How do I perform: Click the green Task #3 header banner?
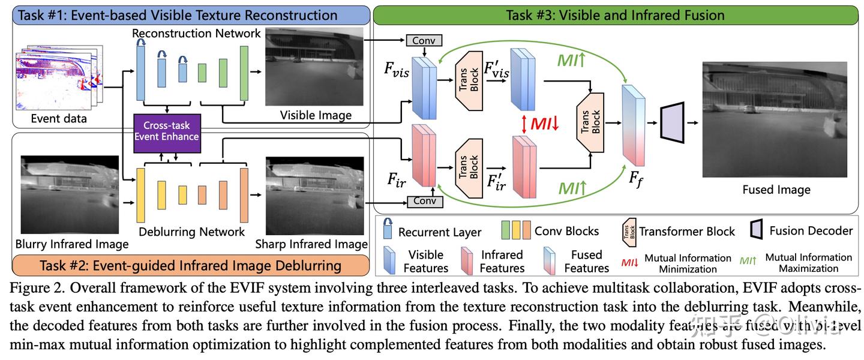point(615,14)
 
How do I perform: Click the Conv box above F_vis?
point(424,40)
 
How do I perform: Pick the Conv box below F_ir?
point(424,201)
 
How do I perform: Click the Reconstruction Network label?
point(196,33)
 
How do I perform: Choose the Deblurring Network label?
point(191,232)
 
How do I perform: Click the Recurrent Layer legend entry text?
point(439,232)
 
